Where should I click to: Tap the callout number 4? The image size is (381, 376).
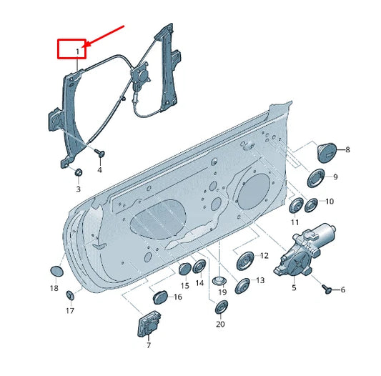pos(99,170)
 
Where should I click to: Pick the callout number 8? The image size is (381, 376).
pos(347,150)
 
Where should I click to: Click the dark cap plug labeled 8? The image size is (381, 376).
pos(326,152)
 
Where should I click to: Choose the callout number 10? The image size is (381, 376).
pos(329,202)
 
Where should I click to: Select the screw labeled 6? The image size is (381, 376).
pos(328,289)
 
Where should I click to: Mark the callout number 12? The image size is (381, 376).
pos(263,255)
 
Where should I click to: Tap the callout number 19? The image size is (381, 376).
pos(222,292)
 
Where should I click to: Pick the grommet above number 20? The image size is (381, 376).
pos(221,308)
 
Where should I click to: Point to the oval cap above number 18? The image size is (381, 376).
pos(55,272)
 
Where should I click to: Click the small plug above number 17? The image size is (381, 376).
pos(70,295)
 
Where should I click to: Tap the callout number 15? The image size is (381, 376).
pos(184,285)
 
